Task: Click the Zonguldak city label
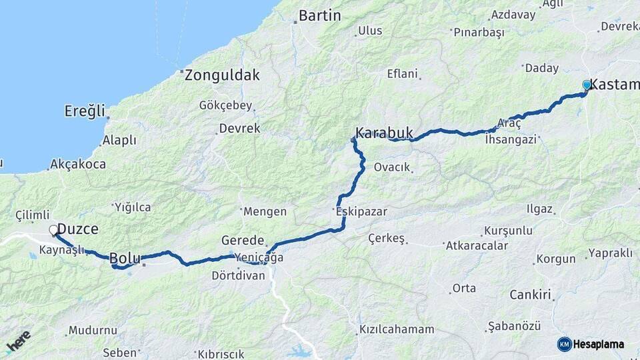(x=222, y=75)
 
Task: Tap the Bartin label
(x=319, y=15)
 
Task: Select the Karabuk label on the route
(x=385, y=133)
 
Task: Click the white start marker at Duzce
(x=54, y=231)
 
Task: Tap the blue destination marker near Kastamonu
(x=587, y=85)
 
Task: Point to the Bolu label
(x=125, y=258)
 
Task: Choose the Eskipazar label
(x=361, y=211)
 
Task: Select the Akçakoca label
(x=78, y=164)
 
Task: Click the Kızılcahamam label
(x=397, y=329)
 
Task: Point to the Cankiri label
(x=531, y=294)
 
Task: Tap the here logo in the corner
(x=18, y=341)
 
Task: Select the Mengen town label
(x=265, y=211)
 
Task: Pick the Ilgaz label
(x=539, y=209)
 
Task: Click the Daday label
(x=541, y=68)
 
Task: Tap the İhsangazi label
(x=511, y=139)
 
